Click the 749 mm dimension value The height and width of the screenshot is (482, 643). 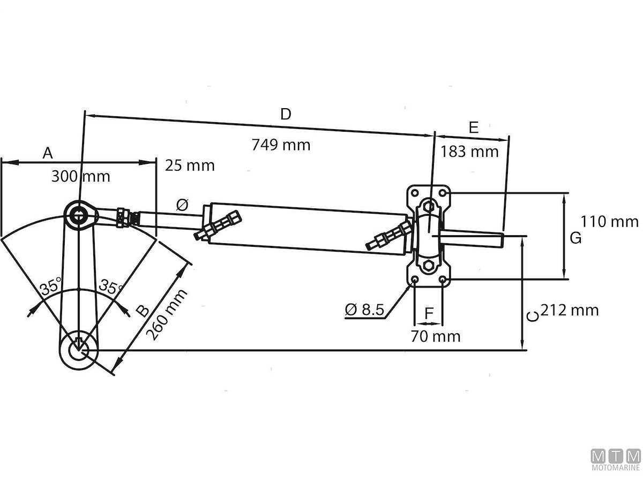[281, 145]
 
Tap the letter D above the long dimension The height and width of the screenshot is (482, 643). [286, 114]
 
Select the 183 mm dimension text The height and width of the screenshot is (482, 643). [469, 152]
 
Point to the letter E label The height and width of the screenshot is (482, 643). [473, 127]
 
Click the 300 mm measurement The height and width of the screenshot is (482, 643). [81, 176]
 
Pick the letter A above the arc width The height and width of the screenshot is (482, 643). [48, 153]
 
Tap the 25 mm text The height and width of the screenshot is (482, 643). [190, 165]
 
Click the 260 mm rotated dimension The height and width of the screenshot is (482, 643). [167, 315]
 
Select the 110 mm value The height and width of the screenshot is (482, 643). [610, 221]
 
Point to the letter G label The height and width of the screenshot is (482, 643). [575, 238]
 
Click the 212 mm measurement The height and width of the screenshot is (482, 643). [569, 310]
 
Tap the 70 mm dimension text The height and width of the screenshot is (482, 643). [436, 336]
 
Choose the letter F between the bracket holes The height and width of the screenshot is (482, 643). [429, 314]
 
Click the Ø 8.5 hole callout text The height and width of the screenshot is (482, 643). [365, 310]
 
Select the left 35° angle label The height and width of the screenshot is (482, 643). [51, 287]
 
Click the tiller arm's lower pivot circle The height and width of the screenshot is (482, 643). [79, 349]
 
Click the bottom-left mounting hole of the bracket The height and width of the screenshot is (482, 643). [414, 280]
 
